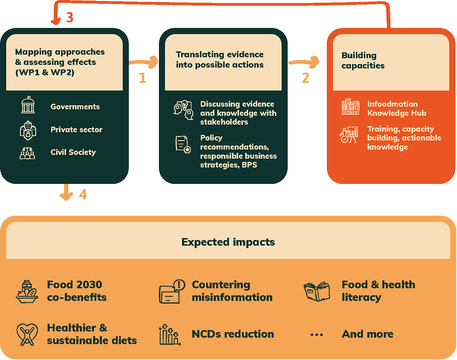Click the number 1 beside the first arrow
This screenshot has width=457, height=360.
tap(143, 78)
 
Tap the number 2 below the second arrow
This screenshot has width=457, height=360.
tap(306, 78)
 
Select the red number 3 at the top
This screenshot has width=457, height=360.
tap(69, 17)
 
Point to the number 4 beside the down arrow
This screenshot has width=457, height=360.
tap(83, 194)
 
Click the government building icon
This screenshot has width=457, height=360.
tap(28, 104)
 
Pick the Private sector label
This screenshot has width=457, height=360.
tap(77, 130)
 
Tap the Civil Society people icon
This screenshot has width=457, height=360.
tap(27, 153)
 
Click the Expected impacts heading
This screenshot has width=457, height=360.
tap(228, 242)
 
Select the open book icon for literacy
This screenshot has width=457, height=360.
tap(317, 291)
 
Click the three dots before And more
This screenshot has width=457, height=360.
tap(317, 335)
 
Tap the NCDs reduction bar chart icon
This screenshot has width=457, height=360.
tap(170, 335)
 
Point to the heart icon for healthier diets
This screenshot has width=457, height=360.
tap(27, 334)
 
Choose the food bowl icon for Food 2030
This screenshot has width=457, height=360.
tap(27, 292)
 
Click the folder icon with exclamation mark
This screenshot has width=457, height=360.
tap(172, 292)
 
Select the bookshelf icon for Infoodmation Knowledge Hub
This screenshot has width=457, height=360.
tap(350, 107)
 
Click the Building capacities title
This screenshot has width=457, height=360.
tap(363, 60)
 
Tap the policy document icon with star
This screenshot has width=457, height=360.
tap(183, 144)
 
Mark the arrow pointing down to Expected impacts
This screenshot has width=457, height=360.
tap(67, 192)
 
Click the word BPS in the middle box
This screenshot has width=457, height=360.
tap(249, 165)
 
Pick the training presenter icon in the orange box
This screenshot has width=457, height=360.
tap(349, 135)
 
